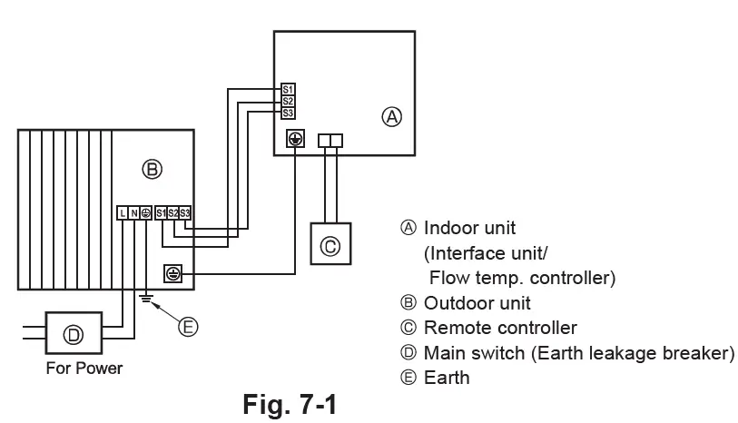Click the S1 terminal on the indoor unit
pos(288,90)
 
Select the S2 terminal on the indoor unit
pos(288,101)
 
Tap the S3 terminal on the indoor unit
pos(288,112)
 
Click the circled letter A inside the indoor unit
pos(391,116)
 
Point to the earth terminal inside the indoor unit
pos(295,140)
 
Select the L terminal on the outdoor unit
pos(122,213)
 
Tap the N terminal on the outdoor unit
pos(133,213)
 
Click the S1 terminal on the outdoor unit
pos(161,213)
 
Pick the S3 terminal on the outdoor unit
pos(184,213)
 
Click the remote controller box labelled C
pos(332,243)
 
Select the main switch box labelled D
pos(73,335)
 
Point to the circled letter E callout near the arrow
pos(188,327)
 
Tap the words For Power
pos(86,369)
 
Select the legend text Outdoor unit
pos(477,303)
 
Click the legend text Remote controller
pos(500,328)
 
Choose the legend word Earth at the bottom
pos(447,376)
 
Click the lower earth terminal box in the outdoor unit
pos(172,271)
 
